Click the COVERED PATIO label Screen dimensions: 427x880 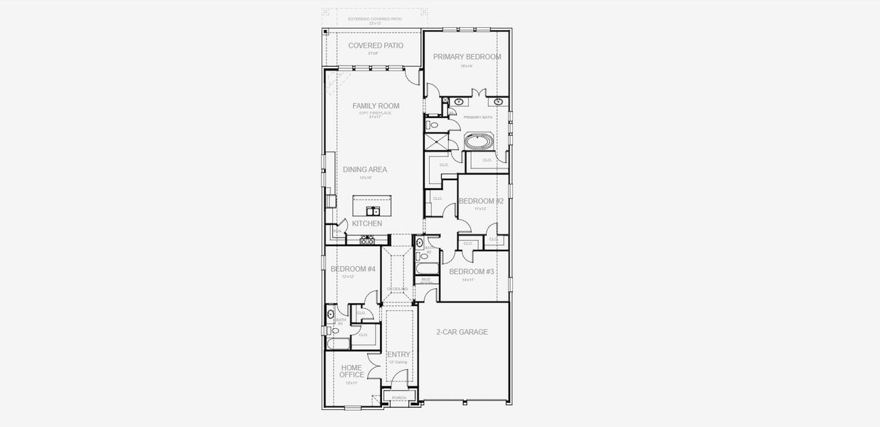376,46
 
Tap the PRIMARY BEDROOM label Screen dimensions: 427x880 467,57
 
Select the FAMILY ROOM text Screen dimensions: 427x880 376,106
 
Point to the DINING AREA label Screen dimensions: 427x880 365,169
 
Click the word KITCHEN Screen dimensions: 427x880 367,223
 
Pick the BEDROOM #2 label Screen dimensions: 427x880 481,201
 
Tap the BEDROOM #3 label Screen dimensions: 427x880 471,272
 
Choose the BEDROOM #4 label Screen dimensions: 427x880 353,269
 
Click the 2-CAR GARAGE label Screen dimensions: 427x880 462,332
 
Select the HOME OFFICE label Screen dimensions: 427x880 351,371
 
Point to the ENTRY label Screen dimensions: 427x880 398,354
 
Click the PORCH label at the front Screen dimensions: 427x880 398,398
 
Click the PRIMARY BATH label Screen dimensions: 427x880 477,117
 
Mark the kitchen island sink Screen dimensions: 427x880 372,211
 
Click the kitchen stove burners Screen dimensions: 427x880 367,241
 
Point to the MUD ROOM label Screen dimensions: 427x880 426,280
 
